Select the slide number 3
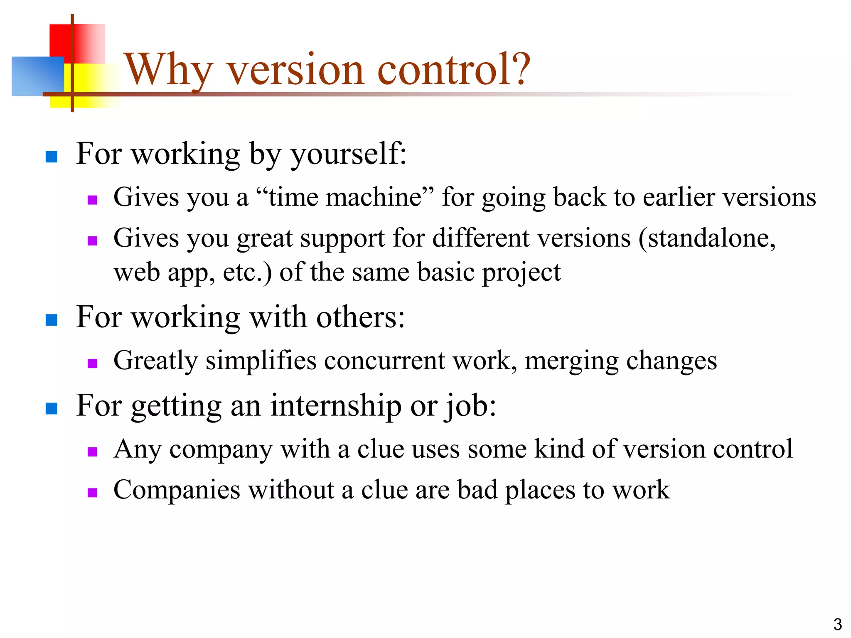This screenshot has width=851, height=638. (x=837, y=624)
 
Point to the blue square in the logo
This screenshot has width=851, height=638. (x=37, y=76)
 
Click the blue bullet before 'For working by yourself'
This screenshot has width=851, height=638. (x=52, y=157)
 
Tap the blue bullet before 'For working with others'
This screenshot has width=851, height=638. (x=52, y=320)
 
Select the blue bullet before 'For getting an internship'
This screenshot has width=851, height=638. (x=52, y=408)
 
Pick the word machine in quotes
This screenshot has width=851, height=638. (x=374, y=197)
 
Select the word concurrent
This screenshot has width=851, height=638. (x=385, y=361)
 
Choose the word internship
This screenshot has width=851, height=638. (x=336, y=406)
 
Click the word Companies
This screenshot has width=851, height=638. (x=177, y=491)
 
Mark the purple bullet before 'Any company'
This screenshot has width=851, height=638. (x=92, y=452)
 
